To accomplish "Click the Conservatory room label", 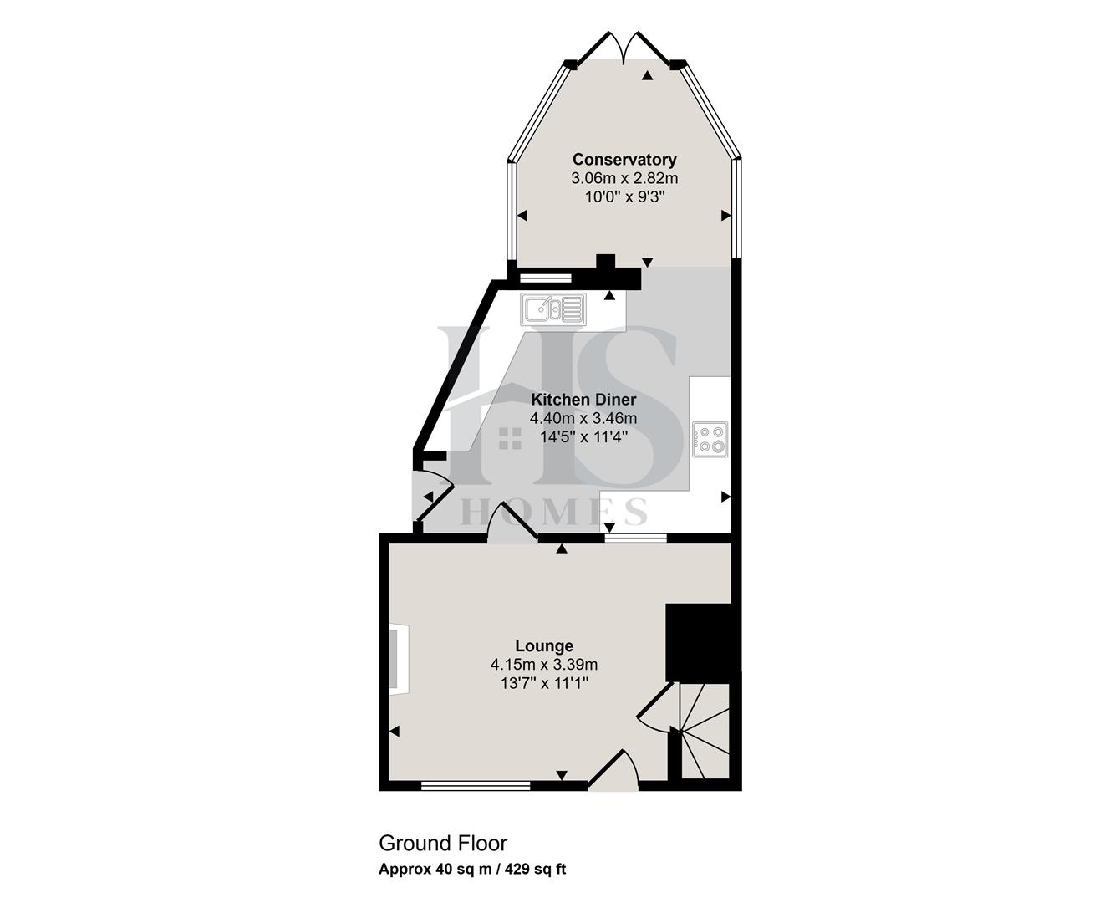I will click(624, 159).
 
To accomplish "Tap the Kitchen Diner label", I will click(583, 400).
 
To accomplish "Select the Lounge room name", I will click(544, 645).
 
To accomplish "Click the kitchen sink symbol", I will click(553, 309).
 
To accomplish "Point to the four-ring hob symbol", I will click(710, 439).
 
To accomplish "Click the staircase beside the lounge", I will click(705, 732).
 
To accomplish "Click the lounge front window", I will click(476, 785).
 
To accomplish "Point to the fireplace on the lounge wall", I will click(398, 659).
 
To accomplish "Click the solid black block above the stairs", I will click(700, 642).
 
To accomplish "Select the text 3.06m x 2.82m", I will click(624, 178).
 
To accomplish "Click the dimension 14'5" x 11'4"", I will click(583, 436).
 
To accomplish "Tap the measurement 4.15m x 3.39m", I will click(544, 665).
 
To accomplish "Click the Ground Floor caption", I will click(443, 843).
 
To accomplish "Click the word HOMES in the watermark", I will click(553, 511).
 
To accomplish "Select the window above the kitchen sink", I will click(544, 277).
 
